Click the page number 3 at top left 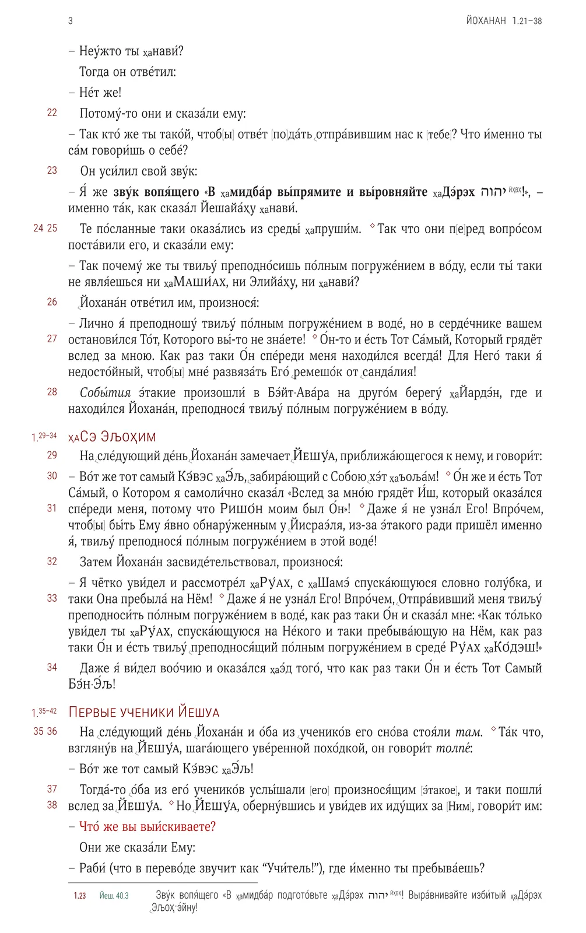[71, 21]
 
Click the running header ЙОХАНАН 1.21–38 [504, 21]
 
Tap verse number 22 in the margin [52, 113]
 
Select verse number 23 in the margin [52, 170]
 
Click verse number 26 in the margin [52, 302]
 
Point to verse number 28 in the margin [52, 392]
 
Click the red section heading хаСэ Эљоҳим [112, 437]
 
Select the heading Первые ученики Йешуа [144, 712]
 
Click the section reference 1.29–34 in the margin [44, 436]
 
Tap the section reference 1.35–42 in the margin [44, 712]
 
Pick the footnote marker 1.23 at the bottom [80, 896]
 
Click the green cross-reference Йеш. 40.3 [114, 896]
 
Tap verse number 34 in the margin [52, 667]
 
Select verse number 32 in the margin [52, 562]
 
